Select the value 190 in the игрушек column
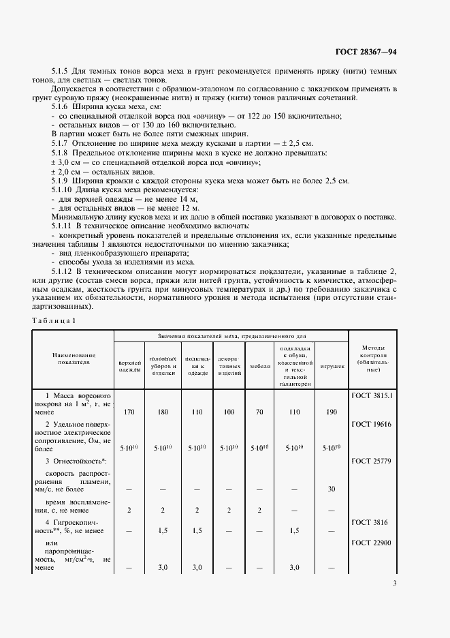click(x=332, y=412)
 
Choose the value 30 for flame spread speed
click(x=332, y=489)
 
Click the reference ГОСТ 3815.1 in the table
click(x=372, y=395)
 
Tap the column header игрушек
click(x=332, y=365)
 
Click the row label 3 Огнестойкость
click(x=73, y=461)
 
